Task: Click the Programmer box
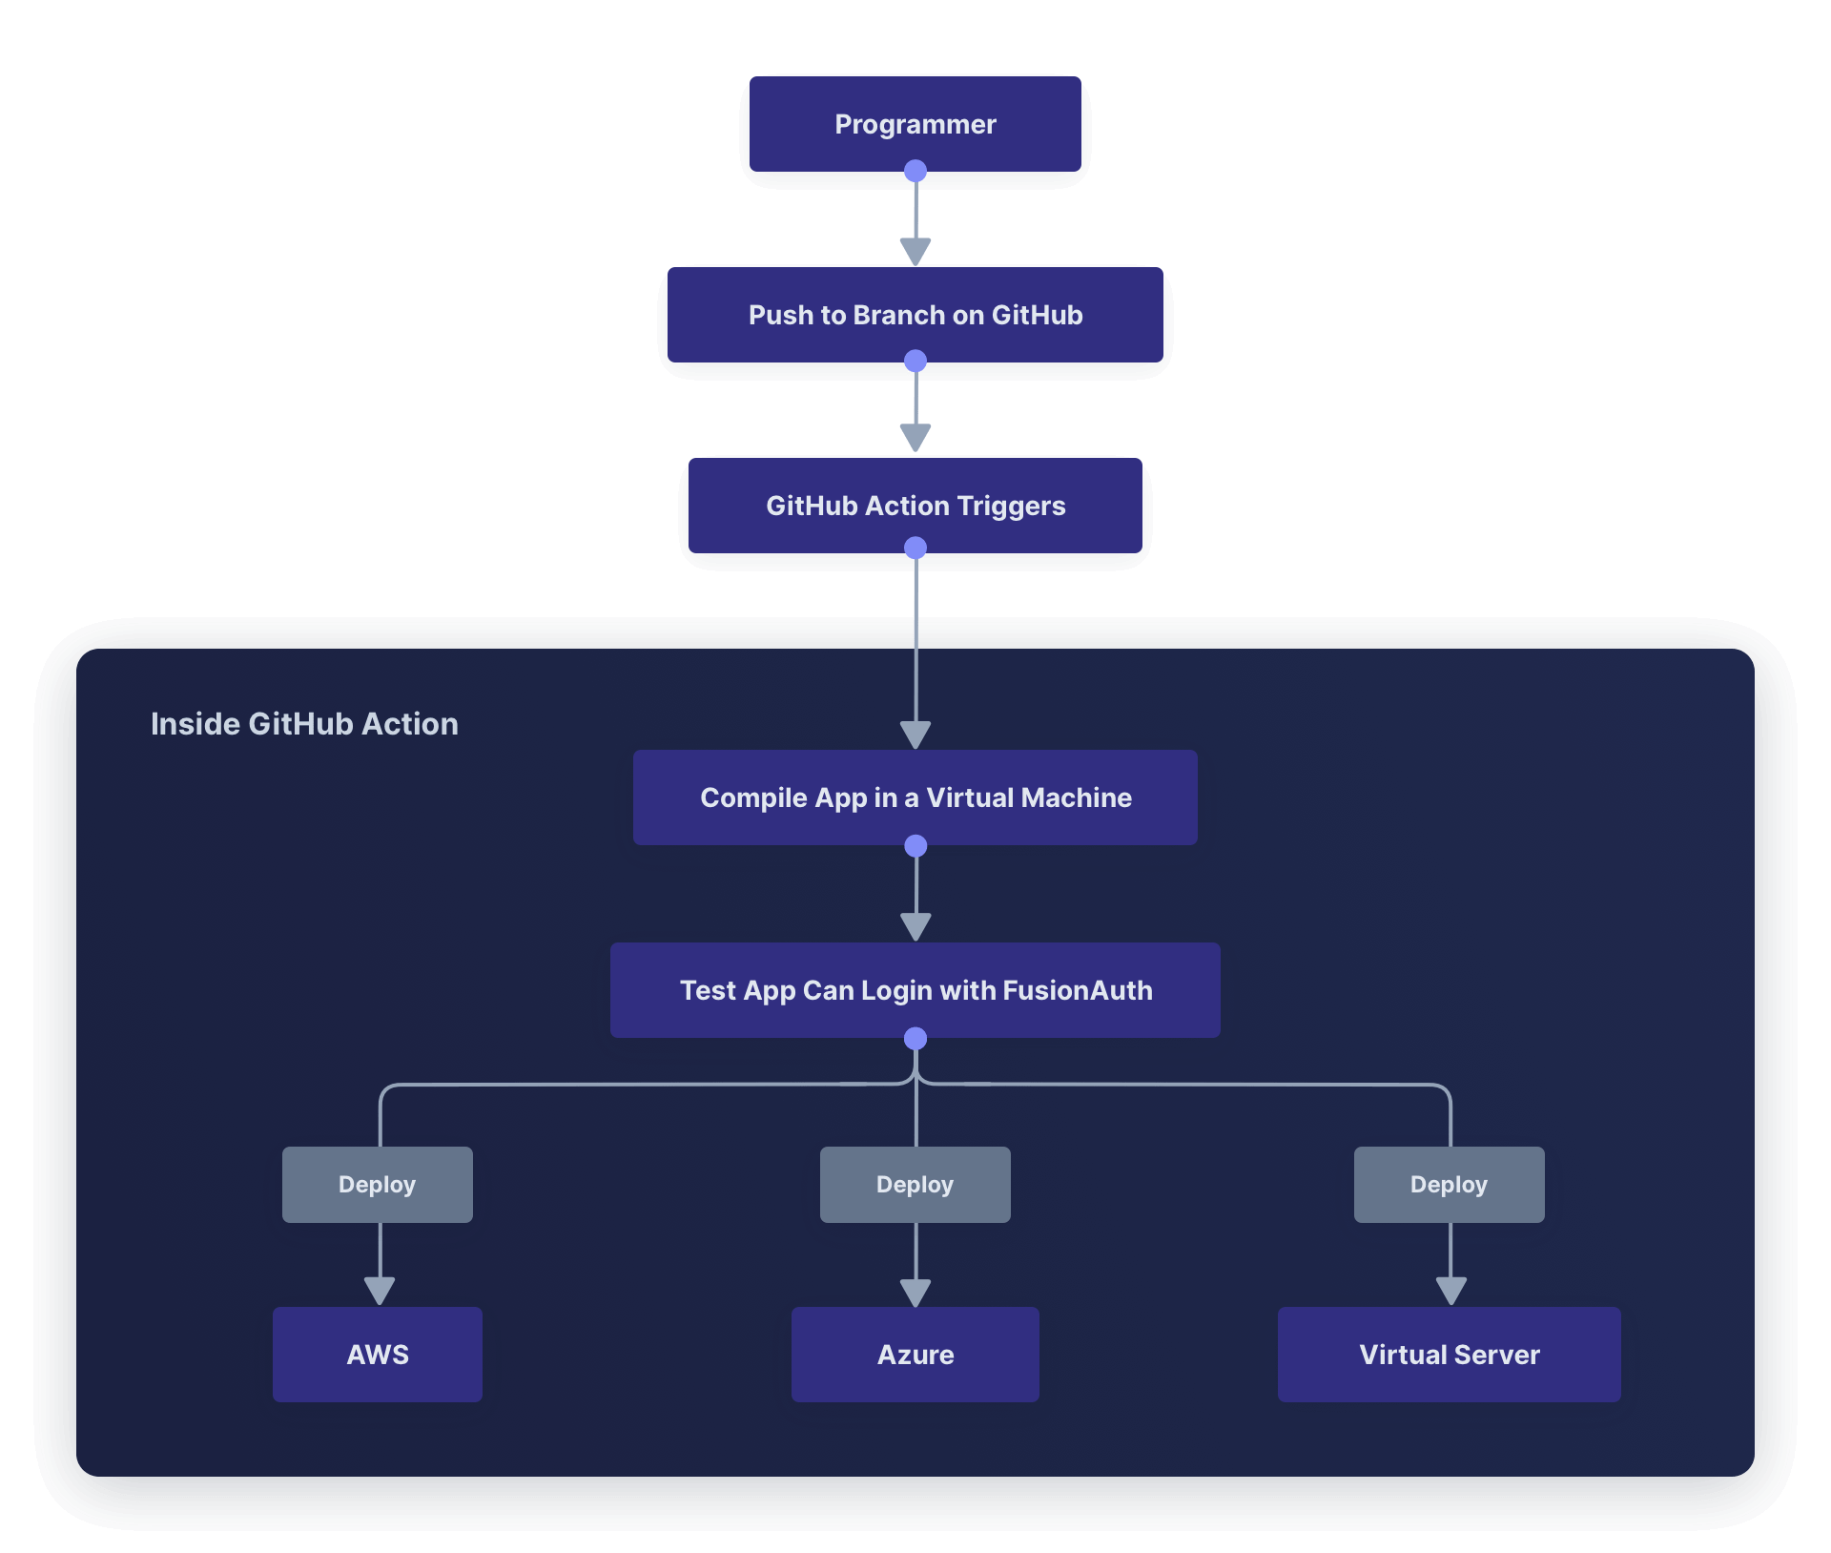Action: pos(915,124)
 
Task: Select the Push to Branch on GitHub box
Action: pos(915,315)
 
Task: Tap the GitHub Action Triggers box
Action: pos(915,506)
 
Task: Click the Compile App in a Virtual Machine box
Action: pos(915,797)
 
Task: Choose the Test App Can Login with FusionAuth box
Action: pos(915,990)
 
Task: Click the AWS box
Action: pos(378,1355)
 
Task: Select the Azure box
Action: pos(915,1355)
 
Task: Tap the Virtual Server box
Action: pos(1450,1355)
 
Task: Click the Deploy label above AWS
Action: pos(378,1185)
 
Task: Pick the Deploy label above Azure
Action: pos(915,1185)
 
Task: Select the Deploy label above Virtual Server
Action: pos(1450,1185)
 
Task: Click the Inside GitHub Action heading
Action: pos(304,724)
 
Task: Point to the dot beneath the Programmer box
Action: pos(915,172)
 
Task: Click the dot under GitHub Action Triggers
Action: pos(915,548)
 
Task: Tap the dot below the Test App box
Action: pos(915,1038)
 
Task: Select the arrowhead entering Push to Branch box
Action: pos(915,252)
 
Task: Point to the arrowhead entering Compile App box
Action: pos(915,735)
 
